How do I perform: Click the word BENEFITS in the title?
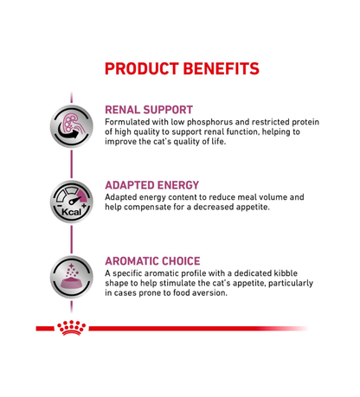[222, 68]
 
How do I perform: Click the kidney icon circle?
[72, 126]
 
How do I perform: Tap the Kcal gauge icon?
[72, 202]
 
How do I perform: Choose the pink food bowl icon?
[72, 277]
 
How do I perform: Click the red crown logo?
[71, 329]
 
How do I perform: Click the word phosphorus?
[221, 122]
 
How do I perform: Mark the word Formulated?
[130, 122]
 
